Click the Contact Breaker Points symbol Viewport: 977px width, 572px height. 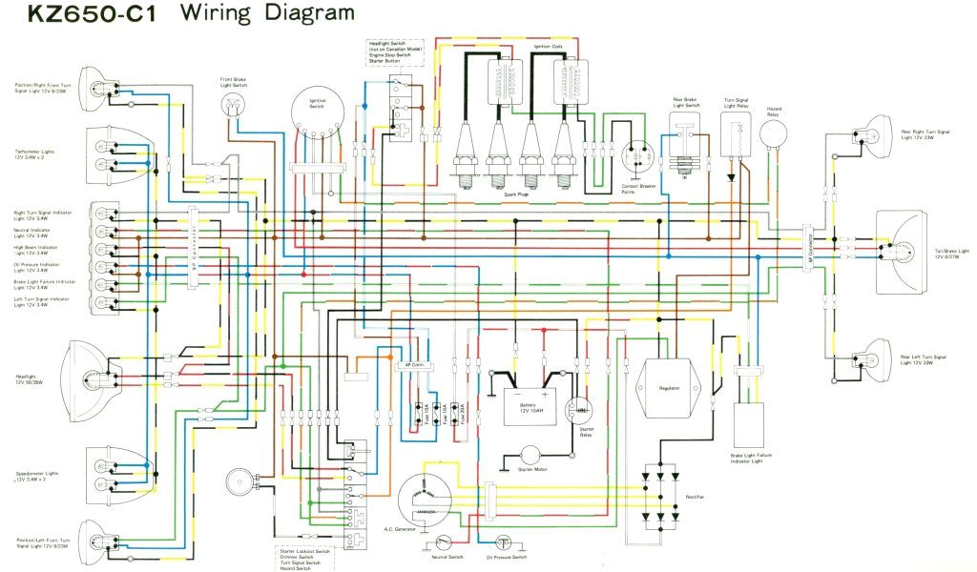coord(637,157)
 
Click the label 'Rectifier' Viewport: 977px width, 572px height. coord(694,497)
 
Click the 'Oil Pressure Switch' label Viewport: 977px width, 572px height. coord(506,557)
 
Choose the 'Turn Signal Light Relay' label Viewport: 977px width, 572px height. coord(736,103)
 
